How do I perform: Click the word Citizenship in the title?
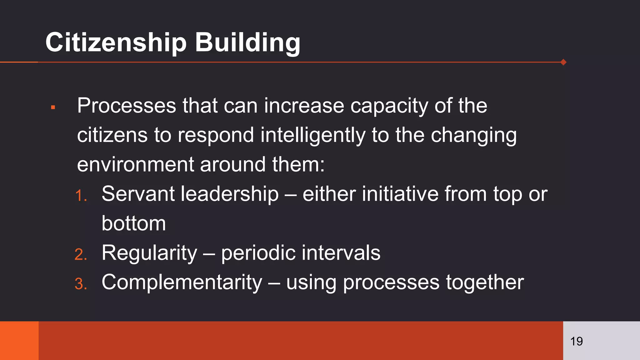116,42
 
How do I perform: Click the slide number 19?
576,341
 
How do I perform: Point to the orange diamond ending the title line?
563,62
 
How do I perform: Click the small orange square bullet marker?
53,107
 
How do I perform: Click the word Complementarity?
182,282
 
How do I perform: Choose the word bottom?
134,223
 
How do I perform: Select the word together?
485,282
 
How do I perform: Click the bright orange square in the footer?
19,341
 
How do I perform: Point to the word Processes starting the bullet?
127,106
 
